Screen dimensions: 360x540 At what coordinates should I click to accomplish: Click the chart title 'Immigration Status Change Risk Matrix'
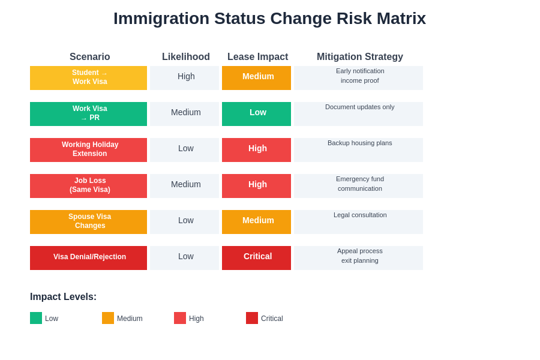pos(269,19)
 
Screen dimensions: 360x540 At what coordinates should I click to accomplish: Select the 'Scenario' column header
pos(89,57)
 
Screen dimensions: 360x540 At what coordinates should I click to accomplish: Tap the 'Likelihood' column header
pos(186,57)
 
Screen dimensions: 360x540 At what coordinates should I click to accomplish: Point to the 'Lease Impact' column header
pos(257,57)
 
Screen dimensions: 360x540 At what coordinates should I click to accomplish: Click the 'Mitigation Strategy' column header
pos(359,57)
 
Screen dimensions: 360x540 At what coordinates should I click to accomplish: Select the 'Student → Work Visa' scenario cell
pos(88,78)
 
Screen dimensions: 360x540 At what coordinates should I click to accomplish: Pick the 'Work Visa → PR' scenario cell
pos(88,114)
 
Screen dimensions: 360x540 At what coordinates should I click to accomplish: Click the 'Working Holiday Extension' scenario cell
pos(88,150)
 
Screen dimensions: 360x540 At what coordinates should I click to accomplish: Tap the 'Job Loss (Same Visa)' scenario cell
pos(88,186)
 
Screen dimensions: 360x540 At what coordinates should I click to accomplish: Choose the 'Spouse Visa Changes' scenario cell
pos(88,222)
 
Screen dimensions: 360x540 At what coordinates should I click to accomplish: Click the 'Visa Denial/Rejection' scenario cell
pos(88,258)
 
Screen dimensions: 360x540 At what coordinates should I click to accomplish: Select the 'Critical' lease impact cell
pos(256,258)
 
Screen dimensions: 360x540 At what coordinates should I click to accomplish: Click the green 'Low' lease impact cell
pos(256,114)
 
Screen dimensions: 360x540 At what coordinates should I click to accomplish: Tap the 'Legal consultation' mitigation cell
pos(359,221)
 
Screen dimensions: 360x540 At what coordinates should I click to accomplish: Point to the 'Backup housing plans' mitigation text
pos(359,143)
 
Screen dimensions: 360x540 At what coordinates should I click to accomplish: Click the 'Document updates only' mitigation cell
pos(359,113)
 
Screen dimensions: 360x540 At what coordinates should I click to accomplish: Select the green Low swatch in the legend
pos(36,318)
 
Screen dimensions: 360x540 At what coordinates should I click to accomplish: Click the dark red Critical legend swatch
pos(252,318)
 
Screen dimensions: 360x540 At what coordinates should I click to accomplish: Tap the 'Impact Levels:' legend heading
pos(63,297)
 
